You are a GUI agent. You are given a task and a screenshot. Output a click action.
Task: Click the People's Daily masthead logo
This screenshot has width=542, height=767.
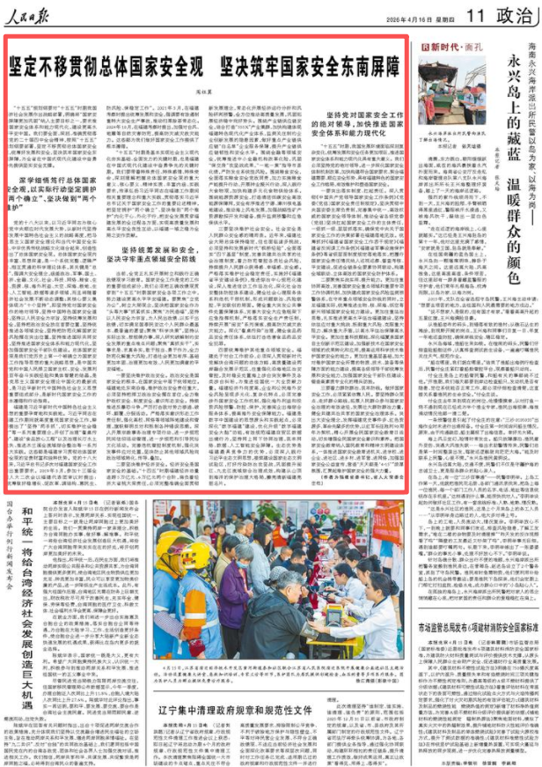click(x=34, y=14)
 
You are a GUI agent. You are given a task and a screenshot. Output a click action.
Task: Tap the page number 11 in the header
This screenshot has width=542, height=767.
click(x=477, y=15)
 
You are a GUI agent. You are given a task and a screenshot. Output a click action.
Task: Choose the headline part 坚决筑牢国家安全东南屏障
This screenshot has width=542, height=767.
click(x=282, y=63)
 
